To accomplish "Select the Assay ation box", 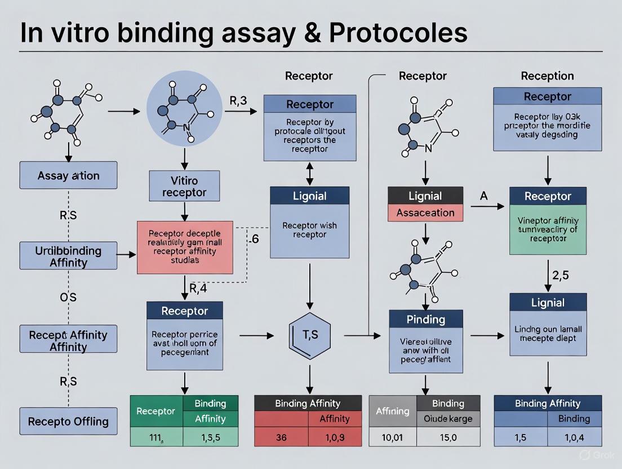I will click(68, 175).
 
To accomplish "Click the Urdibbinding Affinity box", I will click(68, 255).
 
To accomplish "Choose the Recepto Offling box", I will click(68, 421).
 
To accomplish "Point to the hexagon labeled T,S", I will click(309, 335).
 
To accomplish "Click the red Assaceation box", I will click(425, 213).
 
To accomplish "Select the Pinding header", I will click(425, 319).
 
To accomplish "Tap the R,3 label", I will click(239, 101).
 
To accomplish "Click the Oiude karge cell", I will click(448, 419).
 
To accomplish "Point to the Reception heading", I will click(547, 76).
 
